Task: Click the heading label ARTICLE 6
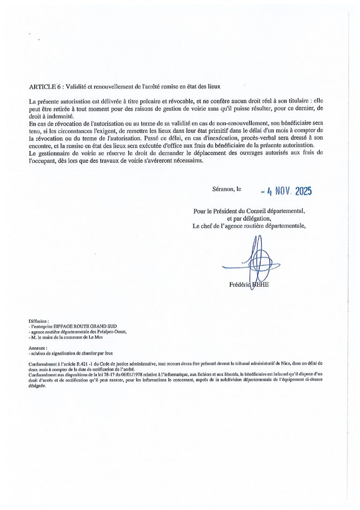pyautogui.click(x=45, y=87)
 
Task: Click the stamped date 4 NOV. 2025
pyautogui.click(x=286, y=191)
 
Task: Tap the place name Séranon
pyautogui.click(x=223, y=190)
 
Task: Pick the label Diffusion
pyautogui.click(x=38, y=321)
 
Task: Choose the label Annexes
pyautogui.click(x=37, y=348)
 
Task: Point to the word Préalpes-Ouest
pyautogui.click(x=111, y=331)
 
